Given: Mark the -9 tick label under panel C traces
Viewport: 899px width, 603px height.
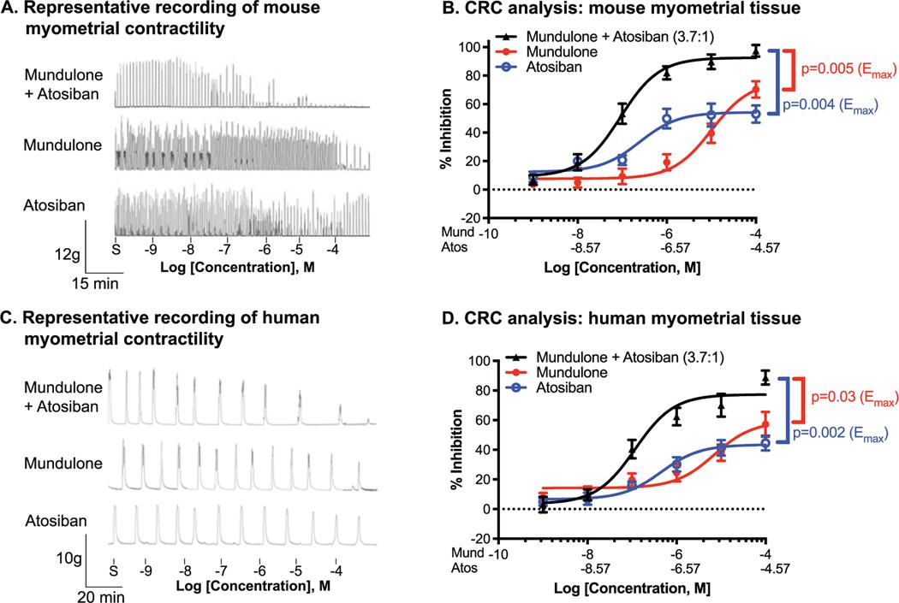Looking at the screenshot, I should point(149,568).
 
